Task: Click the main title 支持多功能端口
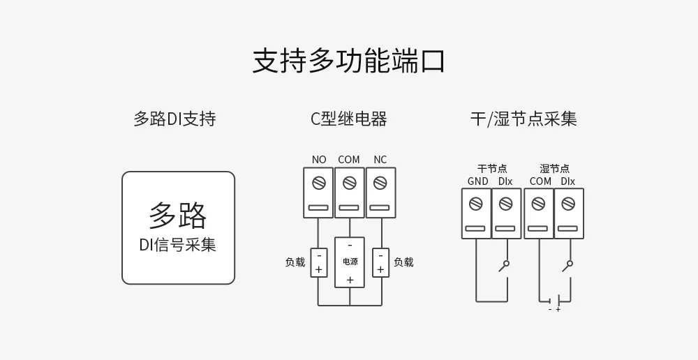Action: point(348,61)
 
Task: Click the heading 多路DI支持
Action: point(174,119)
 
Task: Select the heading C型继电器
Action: point(348,119)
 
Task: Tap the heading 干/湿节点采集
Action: point(523,119)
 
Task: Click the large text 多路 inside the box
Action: point(178,216)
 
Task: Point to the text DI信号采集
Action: point(178,246)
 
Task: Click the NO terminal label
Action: point(319,160)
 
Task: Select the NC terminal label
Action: point(380,160)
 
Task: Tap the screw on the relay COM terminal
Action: point(349,183)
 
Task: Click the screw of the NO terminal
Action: point(319,183)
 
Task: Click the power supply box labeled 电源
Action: point(350,262)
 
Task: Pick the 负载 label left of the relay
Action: point(295,262)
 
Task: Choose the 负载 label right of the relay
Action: point(403,262)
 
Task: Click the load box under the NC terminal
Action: point(380,262)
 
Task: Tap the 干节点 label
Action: point(492,169)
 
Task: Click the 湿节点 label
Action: point(554,169)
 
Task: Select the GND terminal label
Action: point(477,181)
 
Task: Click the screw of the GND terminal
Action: point(477,204)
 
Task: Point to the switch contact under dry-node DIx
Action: point(503,267)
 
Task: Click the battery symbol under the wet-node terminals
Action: point(554,301)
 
